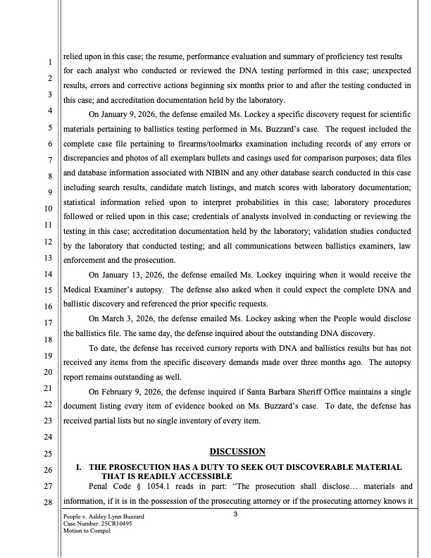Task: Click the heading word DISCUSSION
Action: point(237,451)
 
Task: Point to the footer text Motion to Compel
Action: point(89,532)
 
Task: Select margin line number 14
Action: point(49,274)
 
